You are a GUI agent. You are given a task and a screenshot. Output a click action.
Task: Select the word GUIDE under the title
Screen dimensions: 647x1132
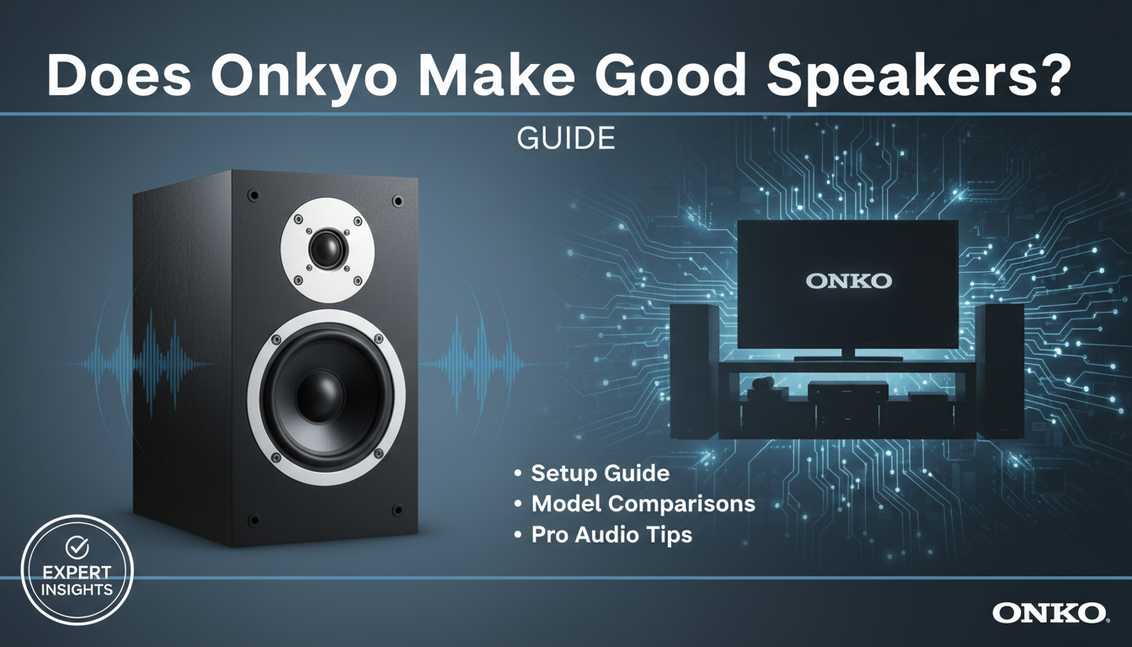[x=565, y=138]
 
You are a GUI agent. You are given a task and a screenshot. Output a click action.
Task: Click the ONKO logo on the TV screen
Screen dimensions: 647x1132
[x=848, y=281]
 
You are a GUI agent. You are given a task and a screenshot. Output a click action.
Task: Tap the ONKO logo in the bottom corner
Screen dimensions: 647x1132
[x=1048, y=612]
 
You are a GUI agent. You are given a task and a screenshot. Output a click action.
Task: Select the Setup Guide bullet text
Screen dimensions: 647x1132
[x=601, y=473]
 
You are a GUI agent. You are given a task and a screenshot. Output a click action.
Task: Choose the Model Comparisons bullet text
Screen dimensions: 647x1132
[x=643, y=504]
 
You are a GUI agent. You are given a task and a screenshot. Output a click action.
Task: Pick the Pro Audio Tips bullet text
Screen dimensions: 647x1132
[x=611, y=534]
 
